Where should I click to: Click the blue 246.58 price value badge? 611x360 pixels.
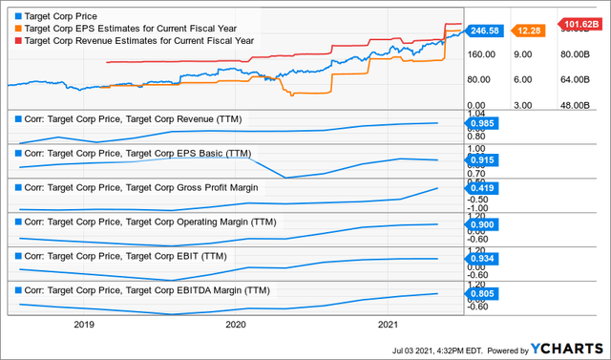point(484,31)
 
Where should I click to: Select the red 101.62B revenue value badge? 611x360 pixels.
point(580,24)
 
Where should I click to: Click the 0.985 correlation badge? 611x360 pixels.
point(484,123)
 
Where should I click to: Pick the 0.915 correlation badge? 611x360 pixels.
point(484,160)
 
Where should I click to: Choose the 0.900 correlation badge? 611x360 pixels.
point(484,224)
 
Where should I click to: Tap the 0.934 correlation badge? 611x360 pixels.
point(484,259)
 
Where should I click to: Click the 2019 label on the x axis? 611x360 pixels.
point(84,325)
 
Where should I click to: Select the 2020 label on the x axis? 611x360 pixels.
point(236,325)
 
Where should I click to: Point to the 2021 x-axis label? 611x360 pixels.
point(388,325)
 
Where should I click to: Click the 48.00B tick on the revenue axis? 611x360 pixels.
point(579,104)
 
